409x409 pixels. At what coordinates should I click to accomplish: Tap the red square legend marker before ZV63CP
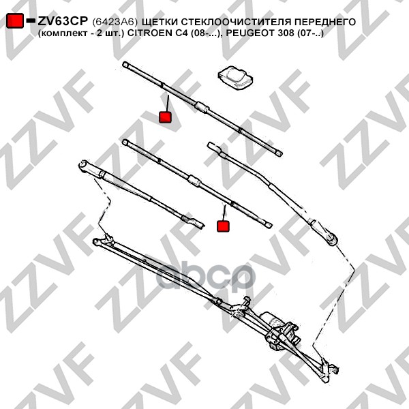pyautogui.click(x=14, y=21)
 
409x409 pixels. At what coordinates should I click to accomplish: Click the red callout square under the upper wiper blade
pyautogui.click(x=165, y=117)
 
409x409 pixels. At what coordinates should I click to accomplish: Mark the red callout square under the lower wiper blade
pyautogui.click(x=223, y=226)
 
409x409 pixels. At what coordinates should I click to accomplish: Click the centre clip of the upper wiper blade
pyautogui.click(x=200, y=106)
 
